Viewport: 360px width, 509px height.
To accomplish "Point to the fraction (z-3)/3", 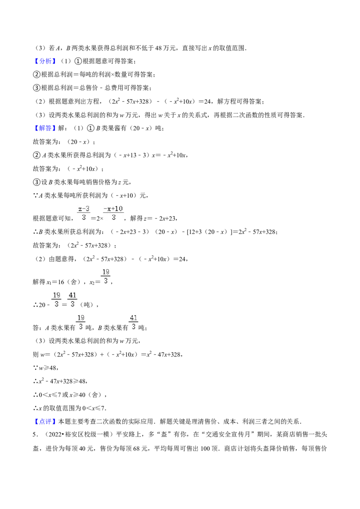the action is pos(84,213).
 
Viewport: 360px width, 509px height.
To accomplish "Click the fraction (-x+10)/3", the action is pos(113,213).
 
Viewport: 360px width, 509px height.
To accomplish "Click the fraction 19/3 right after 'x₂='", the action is pos(106,276).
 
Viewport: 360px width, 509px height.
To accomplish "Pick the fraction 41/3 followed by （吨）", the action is pos(72,299).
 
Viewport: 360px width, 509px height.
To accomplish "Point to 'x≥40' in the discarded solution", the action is pos(77,395).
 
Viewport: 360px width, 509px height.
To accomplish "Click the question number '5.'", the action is pos(36,435).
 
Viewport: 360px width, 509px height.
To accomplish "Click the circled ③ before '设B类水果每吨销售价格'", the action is pos(36,182).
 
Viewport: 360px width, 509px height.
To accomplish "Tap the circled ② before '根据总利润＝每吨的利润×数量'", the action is pos(36,75).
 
